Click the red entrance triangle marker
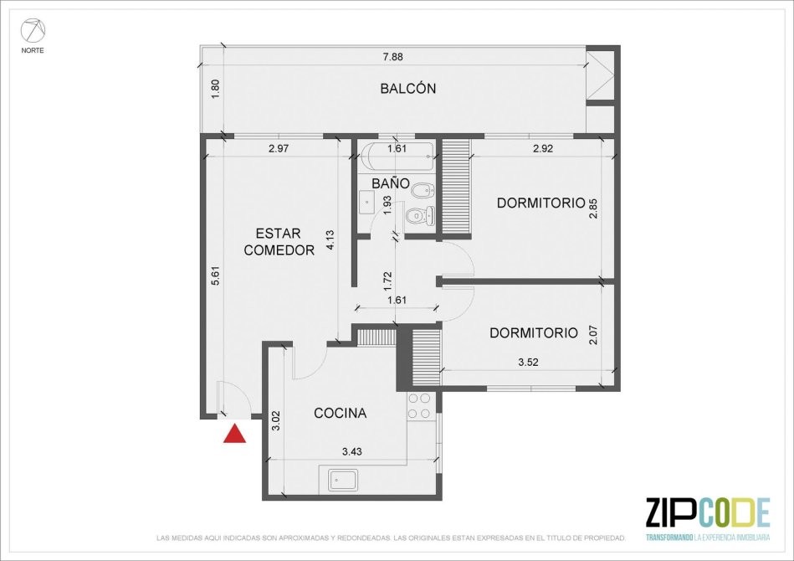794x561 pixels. [x=234, y=435]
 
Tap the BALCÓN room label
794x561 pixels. [x=407, y=89]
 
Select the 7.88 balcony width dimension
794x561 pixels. [x=393, y=57]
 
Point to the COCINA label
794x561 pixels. [x=340, y=413]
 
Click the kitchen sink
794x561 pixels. [x=343, y=480]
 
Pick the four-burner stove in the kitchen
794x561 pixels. [x=420, y=406]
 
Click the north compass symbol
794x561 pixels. [x=33, y=31]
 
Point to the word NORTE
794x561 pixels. [x=33, y=51]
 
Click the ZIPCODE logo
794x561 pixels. [x=708, y=518]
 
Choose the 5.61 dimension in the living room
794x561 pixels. [x=216, y=276]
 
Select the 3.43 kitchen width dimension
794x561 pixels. [x=352, y=451]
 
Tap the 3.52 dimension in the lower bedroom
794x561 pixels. [x=528, y=362]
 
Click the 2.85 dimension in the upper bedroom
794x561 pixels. [x=593, y=208]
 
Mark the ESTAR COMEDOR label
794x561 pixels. [x=279, y=242]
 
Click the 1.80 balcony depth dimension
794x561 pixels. [x=215, y=90]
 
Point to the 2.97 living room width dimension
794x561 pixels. [x=279, y=148]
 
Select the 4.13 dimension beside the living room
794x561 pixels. [x=330, y=240]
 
